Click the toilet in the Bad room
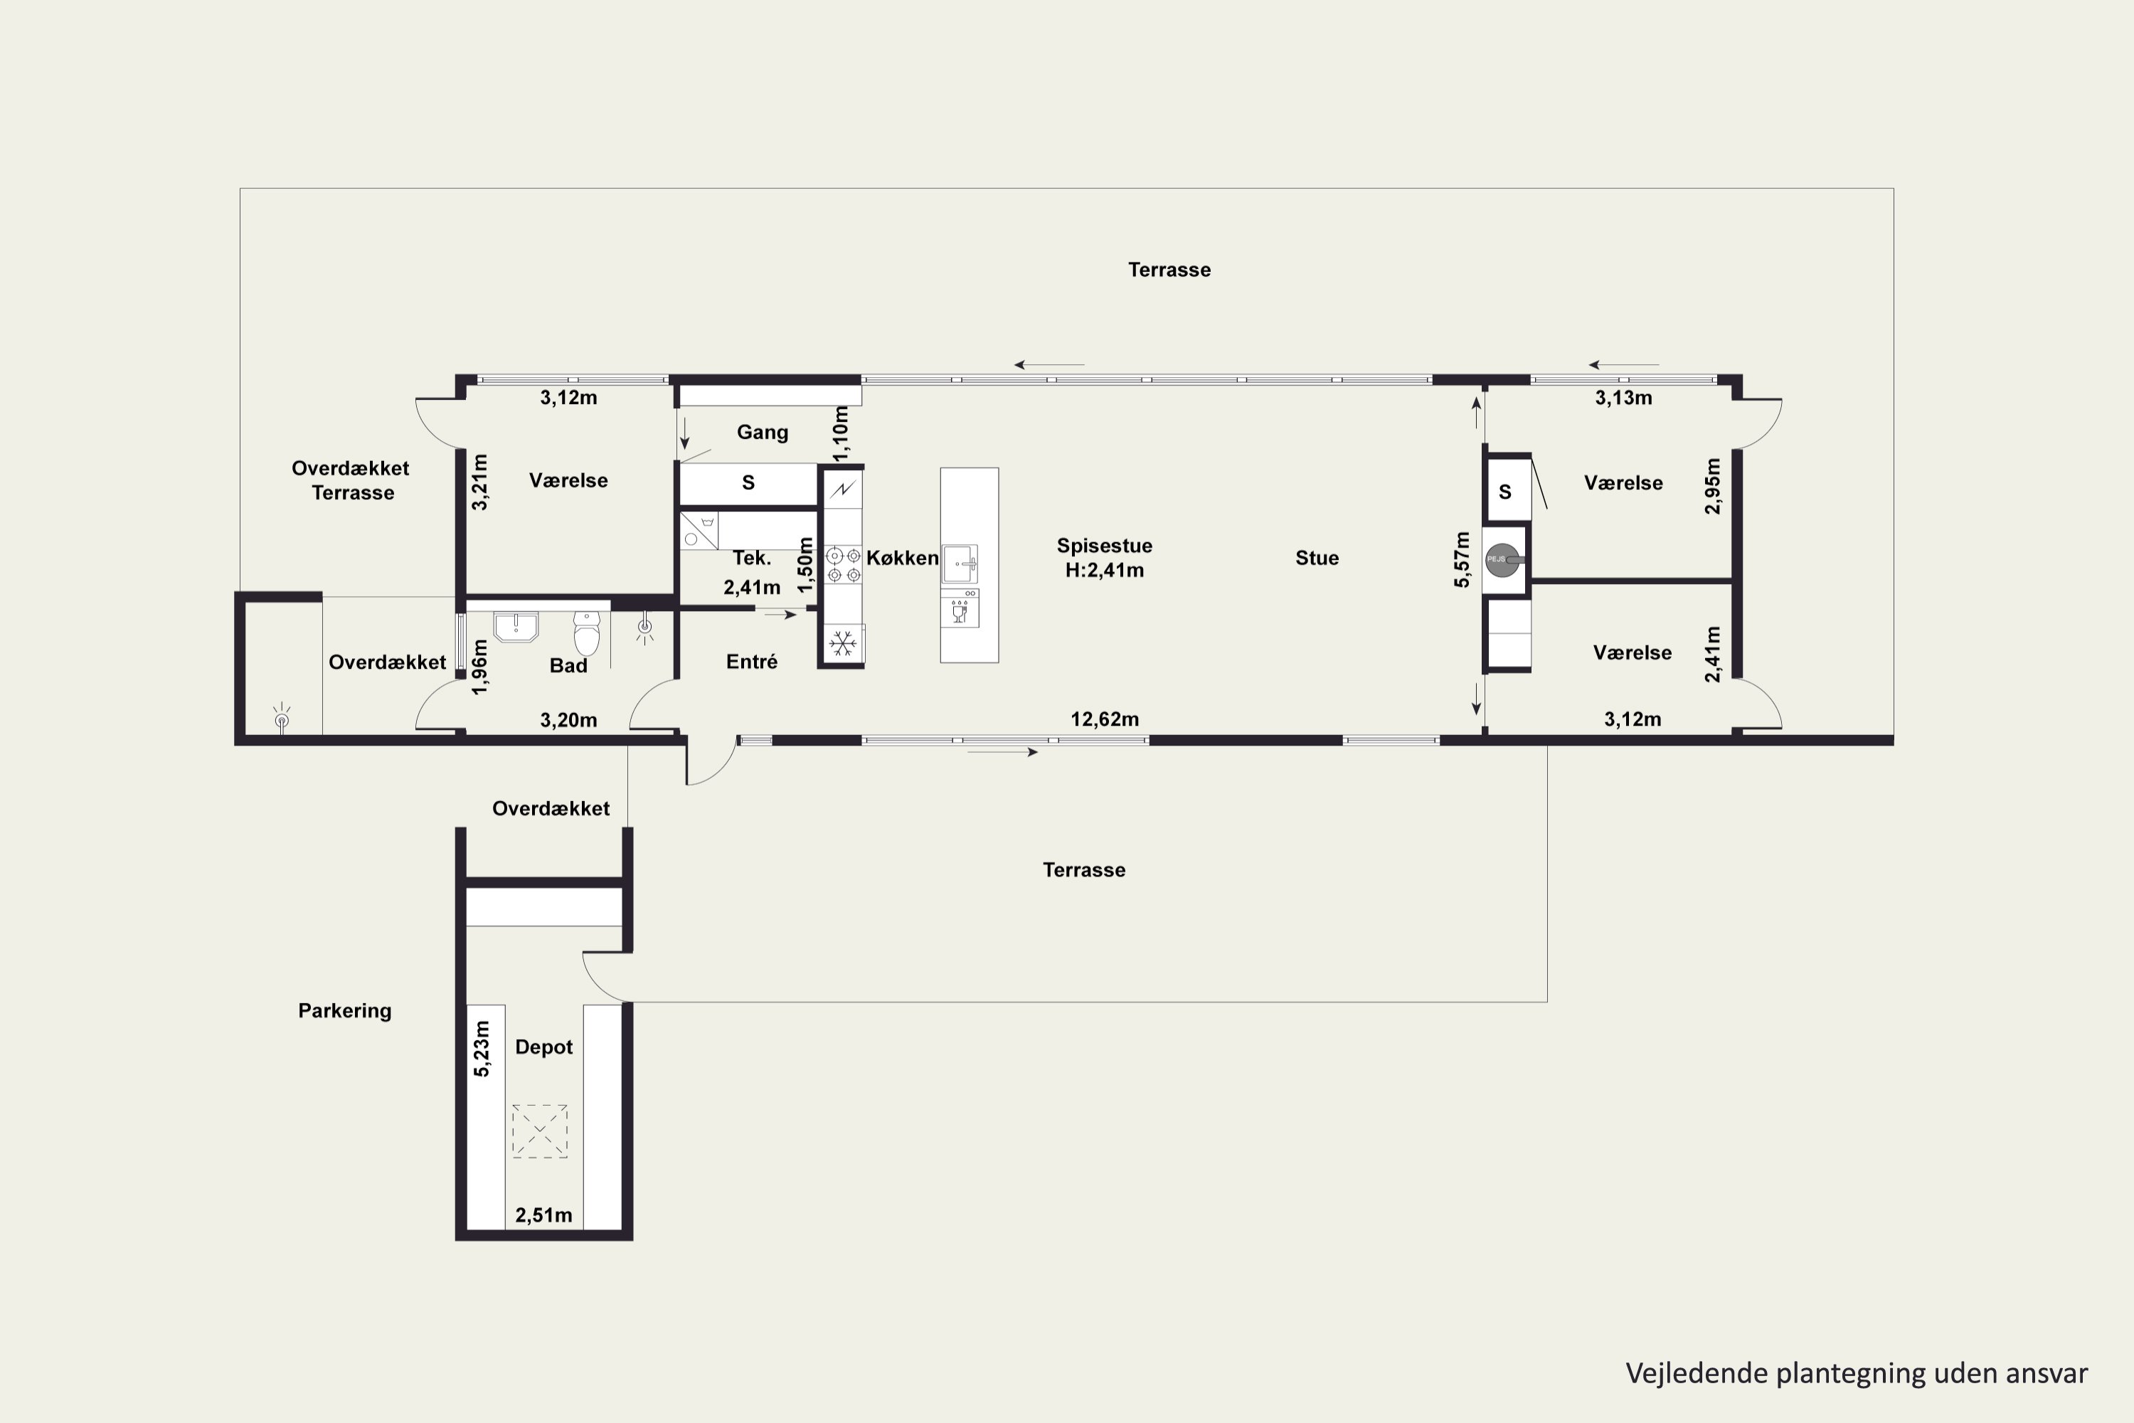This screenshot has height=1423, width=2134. click(587, 633)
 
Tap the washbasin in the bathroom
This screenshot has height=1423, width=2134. click(515, 626)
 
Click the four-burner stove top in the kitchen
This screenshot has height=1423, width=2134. click(843, 564)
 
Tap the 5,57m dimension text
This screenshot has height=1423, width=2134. click(1462, 560)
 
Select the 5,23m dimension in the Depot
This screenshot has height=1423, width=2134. click(482, 1049)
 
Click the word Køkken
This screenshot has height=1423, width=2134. click(902, 558)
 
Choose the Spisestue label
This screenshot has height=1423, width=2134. click(1104, 546)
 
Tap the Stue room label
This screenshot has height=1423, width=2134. click(1317, 558)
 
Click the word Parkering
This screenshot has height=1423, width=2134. click(345, 1011)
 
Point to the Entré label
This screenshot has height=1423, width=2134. click(751, 662)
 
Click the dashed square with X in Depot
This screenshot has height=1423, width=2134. click(539, 1131)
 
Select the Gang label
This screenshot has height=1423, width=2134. click(762, 432)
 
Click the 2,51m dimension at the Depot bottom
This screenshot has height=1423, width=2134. click(543, 1215)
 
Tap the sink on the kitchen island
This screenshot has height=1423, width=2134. click(959, 564)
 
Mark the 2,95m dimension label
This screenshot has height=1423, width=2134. click(1712, 487)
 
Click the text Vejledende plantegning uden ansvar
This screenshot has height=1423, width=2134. click(1857, 1374)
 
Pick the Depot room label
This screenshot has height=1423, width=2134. click(543, 1047)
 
